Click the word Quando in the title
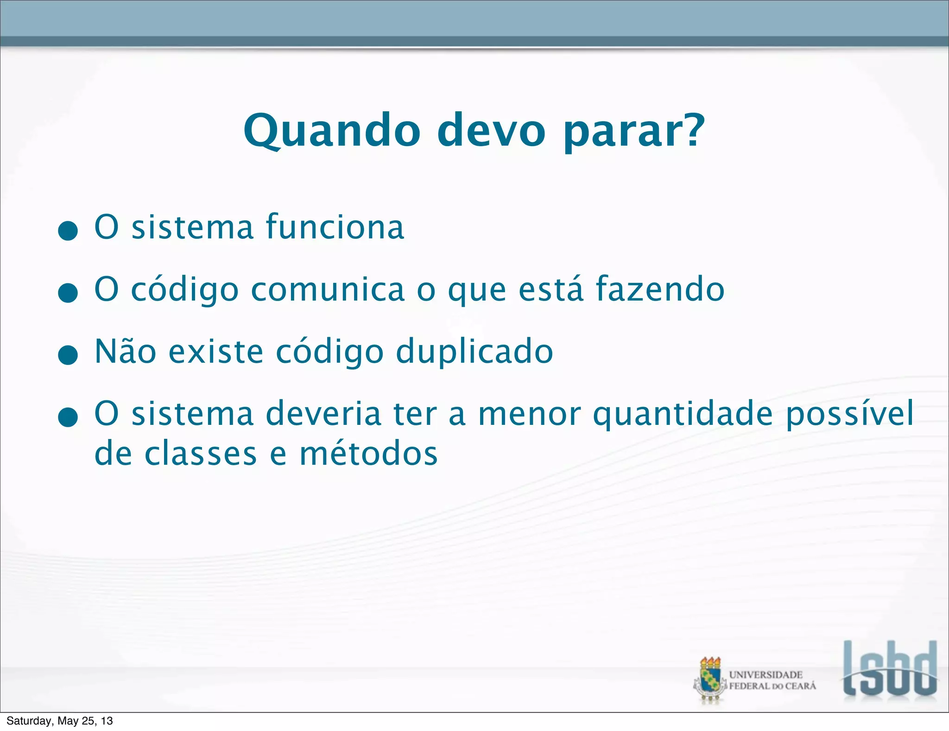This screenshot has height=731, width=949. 332,131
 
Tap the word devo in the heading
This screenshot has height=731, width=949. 492,131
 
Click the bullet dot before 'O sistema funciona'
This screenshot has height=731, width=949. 68,230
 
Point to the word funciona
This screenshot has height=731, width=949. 335,227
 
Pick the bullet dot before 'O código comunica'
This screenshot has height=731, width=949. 68,293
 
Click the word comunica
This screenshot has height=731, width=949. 328,289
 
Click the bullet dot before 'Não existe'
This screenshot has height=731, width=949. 68,355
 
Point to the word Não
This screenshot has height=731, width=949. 125,352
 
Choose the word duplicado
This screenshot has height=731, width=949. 474,352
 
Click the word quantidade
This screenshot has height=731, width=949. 683,414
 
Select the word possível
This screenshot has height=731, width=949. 850,414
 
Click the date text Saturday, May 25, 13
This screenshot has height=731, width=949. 60,721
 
